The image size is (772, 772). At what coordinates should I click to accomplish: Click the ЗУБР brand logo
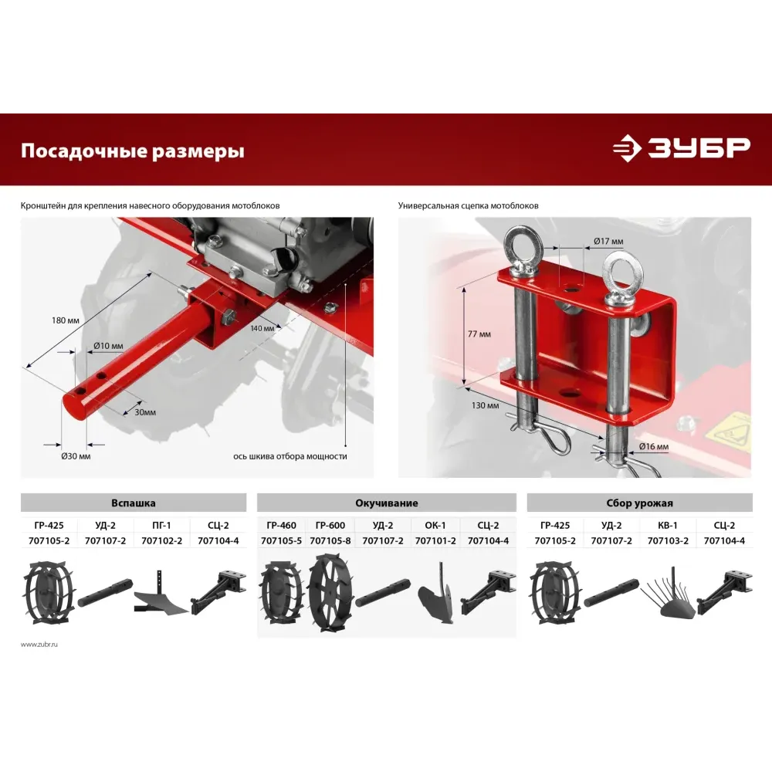[682, 147]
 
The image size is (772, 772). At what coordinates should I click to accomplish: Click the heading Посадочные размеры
[133, 151]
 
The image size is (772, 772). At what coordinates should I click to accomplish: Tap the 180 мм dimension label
[66, 320]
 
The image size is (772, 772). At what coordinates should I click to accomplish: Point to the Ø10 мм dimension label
[108, 346]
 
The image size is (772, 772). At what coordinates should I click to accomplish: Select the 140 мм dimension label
[262, 328]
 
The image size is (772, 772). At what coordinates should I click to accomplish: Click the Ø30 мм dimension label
[76, 456]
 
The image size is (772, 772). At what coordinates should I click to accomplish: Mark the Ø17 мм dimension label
[608, 241]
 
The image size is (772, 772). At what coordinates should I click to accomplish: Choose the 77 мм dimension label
[479, 334]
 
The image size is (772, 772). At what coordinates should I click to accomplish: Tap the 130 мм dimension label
[485, 406]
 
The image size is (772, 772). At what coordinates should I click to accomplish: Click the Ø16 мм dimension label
[654, 447]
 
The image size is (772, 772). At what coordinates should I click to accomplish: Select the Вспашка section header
[134, 503]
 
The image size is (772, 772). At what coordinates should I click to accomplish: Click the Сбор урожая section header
[639, 503]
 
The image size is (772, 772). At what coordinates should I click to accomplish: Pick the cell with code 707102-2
[161, 540]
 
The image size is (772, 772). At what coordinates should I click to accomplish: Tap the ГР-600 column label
[330, 525]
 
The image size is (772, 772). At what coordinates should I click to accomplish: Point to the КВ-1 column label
[668, 525]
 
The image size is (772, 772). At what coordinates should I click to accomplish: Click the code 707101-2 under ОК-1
[435, 540]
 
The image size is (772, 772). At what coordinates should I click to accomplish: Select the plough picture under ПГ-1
[161, 594]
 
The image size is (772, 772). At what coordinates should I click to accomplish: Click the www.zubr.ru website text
[39, 645]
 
